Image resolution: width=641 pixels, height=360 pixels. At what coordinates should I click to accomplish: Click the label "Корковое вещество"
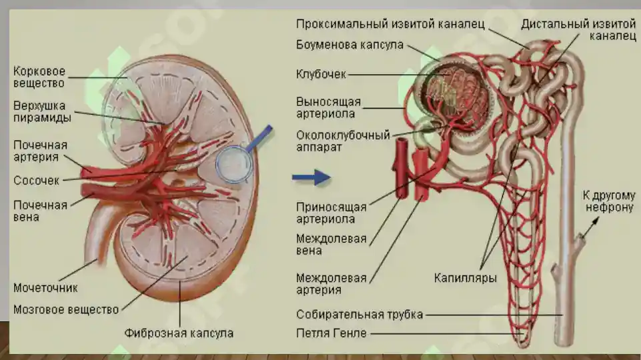pyautogui.click(x=39, y=77)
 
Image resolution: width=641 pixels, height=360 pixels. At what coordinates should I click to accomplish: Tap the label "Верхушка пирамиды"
pyautogui.click(x=42, y=111)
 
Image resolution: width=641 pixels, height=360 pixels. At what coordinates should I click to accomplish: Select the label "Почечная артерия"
pyautogui.click(x=40, y=151)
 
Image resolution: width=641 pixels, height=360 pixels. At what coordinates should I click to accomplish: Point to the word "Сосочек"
pyautogui.click(x=37, y=181)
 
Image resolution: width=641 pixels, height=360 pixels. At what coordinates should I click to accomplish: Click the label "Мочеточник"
pyautogui.click(x=45, y=288)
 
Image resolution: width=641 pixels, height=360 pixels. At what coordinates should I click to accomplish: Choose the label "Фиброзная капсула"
pyautogui.click(x=179, y=333)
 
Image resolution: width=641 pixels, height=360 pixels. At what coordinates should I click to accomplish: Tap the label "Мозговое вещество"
pyautogui.click(x=66, y=309)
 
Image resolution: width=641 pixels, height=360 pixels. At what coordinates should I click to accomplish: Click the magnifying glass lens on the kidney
pyautogui.click(x=234, y=164)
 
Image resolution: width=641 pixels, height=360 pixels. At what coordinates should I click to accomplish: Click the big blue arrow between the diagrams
pyautogui.click(x=311, y=177)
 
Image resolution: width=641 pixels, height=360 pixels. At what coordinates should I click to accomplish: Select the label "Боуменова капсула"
pyautogui.click(x=350, y=45)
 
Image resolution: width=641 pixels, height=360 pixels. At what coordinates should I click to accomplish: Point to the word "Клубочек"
pyautogui.click(x=321, y=75)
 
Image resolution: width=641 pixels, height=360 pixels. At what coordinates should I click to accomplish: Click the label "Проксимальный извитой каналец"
pyautogui.click(x=390, y=24)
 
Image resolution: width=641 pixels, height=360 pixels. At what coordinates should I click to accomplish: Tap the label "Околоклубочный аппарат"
pyautogui.click(x=343, y=141)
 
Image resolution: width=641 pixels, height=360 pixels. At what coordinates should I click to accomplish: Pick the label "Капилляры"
pyautogui.click(x=465, y=278)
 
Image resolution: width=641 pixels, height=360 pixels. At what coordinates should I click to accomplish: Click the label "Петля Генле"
pyautogui.click(x=331, y=333)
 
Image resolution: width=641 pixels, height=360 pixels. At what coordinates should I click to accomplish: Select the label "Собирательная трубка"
pyautogui.click(x=360, y=315)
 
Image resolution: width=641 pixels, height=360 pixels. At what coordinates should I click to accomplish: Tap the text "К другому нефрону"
pyautogui.click(x=609, y=201)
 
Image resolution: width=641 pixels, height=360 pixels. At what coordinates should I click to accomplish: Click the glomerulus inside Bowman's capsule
pyautogui.click(x=454, y=93)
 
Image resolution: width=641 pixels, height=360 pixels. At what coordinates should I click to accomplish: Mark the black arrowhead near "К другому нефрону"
pyautogui.click(x=596, y=221)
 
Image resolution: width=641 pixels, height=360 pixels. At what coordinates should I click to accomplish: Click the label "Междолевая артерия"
pyautogui.click(x=331, y=284)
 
